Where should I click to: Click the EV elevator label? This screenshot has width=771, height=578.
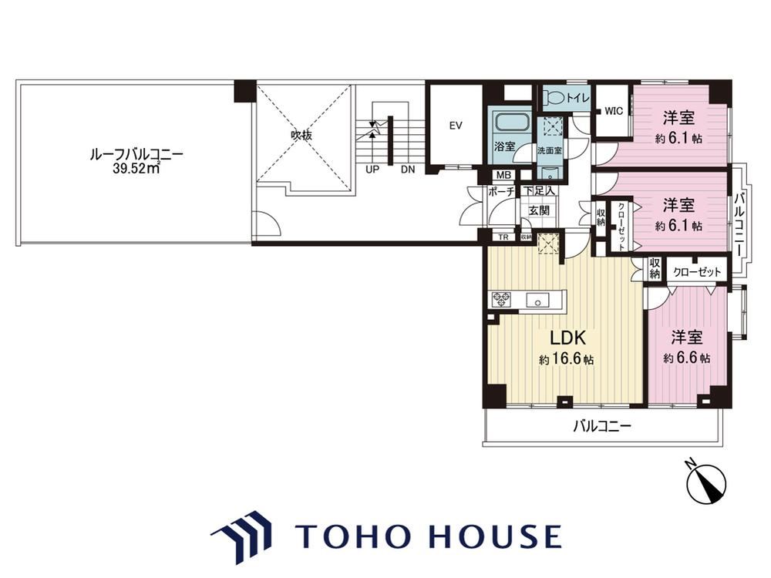point(456,126)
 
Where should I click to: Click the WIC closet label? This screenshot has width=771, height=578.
point(614,111)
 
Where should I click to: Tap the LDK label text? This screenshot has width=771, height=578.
point(567,338)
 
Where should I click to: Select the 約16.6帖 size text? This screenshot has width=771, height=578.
point(566,360)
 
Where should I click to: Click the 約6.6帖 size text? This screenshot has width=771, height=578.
point(686,358)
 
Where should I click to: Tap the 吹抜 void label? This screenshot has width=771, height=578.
point(301,135)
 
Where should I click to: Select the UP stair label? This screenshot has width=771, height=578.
point(372,170)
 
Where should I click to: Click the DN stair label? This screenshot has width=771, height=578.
point(408,170)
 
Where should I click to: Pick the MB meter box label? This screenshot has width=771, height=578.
point(503,175)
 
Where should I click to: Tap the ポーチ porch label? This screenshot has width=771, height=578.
point(501,192)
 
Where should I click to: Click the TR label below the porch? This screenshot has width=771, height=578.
point(503,237)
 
